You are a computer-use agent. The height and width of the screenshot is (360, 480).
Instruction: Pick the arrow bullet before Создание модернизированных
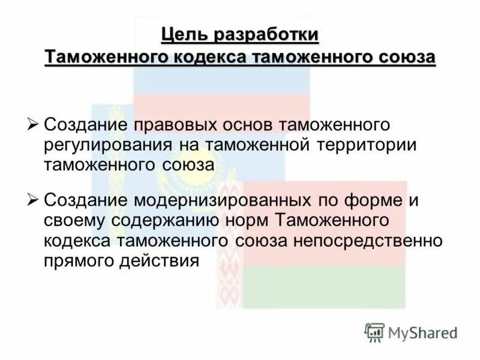34,200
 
